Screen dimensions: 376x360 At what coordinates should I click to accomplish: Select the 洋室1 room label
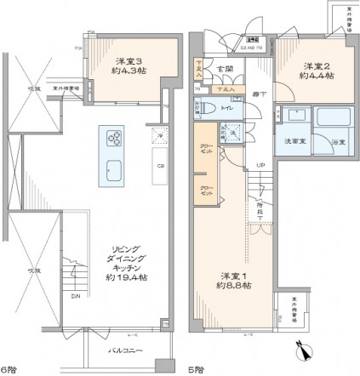pos(231,276)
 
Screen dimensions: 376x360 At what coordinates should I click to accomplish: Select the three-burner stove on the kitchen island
pos(113,137)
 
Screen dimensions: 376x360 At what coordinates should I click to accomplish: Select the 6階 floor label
pos(9,369)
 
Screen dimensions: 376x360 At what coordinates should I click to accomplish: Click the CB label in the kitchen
pos(160,167)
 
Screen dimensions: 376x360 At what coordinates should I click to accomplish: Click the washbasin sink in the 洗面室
pos(295,115)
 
